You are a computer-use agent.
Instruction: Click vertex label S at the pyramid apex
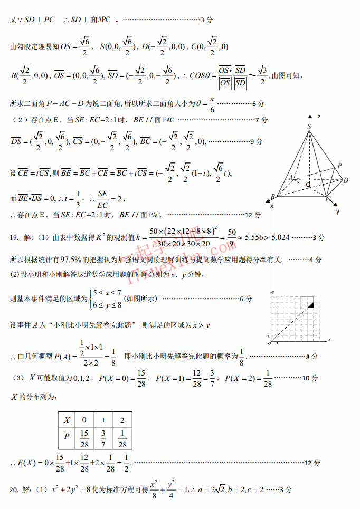309,126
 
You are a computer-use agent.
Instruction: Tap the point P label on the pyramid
339,166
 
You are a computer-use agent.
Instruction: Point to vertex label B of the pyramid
272,197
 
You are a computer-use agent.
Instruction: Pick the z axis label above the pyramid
319,116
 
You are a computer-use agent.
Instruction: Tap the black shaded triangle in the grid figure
311,305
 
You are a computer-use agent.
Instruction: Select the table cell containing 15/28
84,438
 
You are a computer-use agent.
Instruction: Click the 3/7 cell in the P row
103,438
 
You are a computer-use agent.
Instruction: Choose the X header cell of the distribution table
67,420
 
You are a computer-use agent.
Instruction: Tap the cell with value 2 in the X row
122,420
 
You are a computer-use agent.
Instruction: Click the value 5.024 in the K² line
280,238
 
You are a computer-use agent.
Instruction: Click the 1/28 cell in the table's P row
122,438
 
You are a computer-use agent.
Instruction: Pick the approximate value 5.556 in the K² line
253,238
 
